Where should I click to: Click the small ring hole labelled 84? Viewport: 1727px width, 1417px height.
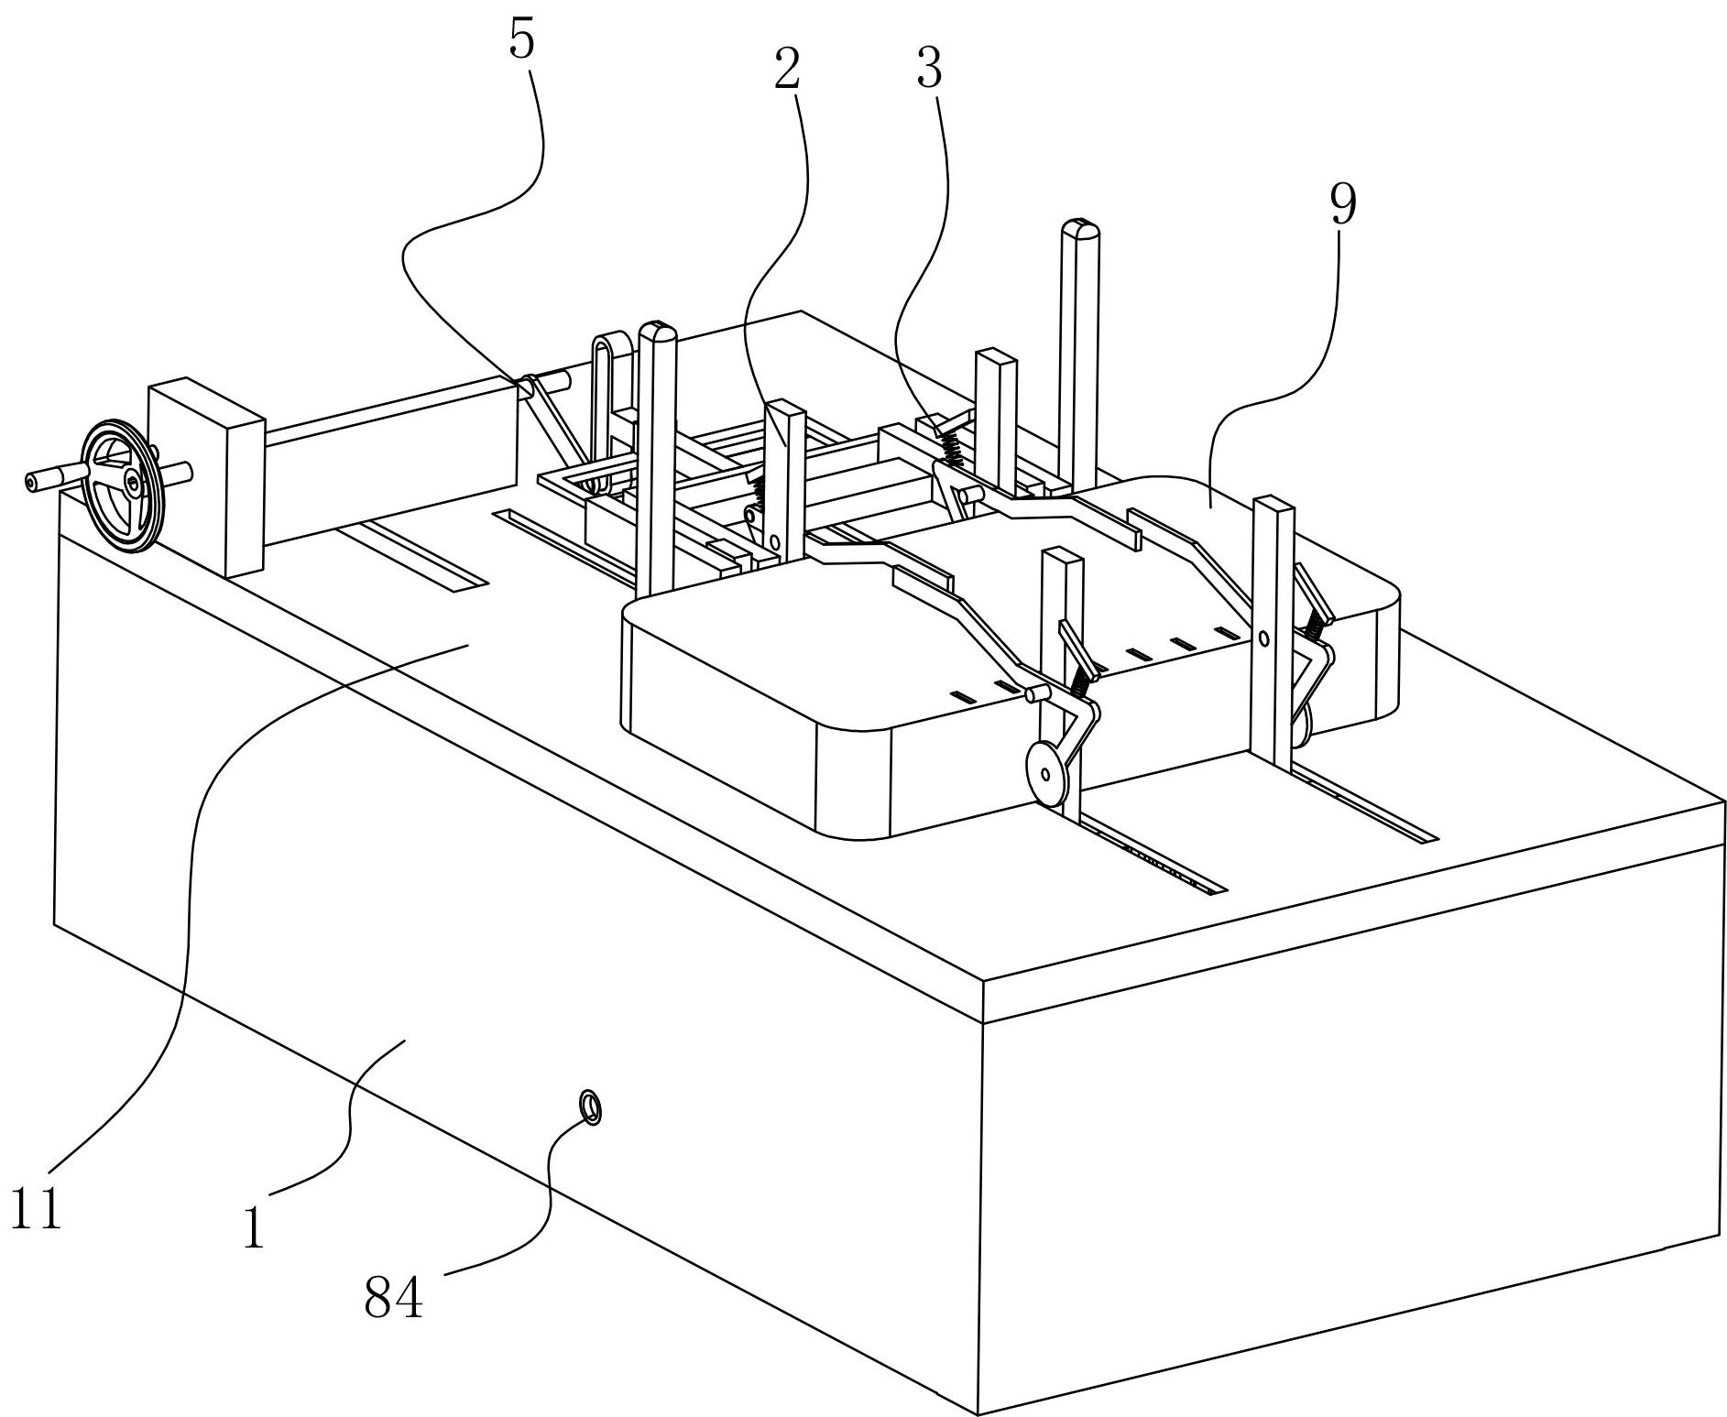[x=592, y=1106]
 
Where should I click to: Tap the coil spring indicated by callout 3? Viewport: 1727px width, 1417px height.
[x=949, y=444]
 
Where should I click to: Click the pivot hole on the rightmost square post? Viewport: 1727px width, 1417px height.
[x=1263, y=638]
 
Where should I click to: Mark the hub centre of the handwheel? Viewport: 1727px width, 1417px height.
[x=134, y=482]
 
